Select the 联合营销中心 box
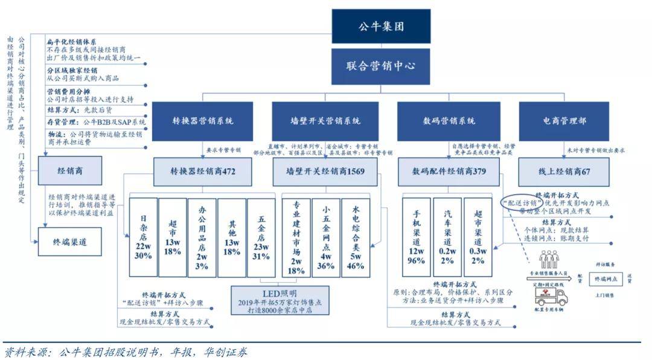(380, 66)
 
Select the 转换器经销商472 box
(203, 172)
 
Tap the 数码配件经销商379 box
(449, 172)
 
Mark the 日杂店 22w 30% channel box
(142, 237)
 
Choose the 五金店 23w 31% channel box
(261, 237)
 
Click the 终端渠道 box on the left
(71, 242)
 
